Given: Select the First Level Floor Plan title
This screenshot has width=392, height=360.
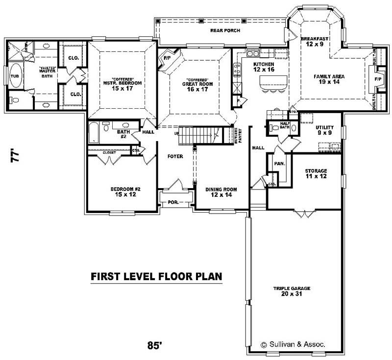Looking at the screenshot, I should (x=156, y=277).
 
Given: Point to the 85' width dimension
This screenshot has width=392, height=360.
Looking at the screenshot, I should (x=154, y=345).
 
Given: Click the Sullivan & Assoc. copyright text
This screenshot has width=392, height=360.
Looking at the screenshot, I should (x=294, y=344).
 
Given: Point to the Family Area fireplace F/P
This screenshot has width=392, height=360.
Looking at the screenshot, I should (x=378, y=78).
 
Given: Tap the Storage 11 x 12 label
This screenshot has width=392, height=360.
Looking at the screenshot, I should (x=316, y=173).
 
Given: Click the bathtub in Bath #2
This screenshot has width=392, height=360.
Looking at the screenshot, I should (x=94, y=133).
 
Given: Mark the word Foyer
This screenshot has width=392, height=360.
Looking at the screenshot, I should (x=175, y=157).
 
